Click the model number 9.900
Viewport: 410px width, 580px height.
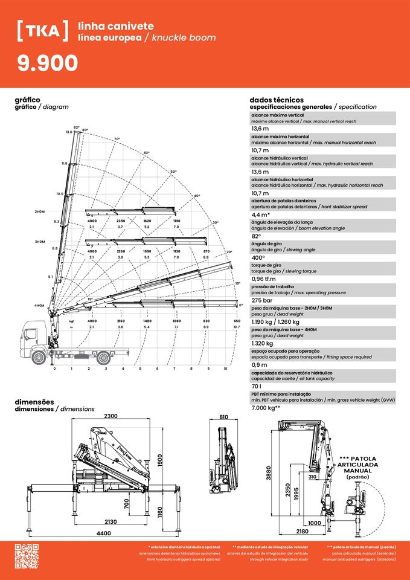(48, 63)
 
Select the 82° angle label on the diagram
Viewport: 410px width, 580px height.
(77, 127)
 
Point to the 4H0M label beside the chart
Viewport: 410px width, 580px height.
(40, 306)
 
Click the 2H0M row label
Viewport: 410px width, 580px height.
(40, 212)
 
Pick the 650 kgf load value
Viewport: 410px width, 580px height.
(237, 321)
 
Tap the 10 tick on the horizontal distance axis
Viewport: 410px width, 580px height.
(225, 368)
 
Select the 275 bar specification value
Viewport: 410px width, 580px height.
(261, 300)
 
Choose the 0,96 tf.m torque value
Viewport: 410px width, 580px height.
(266, 279)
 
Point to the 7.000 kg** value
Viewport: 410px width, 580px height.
(266, 408)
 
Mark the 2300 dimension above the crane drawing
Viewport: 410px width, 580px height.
(111, 416)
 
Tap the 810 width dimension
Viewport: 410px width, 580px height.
(223, 417)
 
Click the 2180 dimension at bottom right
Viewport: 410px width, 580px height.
(303, 532)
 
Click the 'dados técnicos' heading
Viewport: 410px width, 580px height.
(277, 100)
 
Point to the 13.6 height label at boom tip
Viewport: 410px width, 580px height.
(69, 132)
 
